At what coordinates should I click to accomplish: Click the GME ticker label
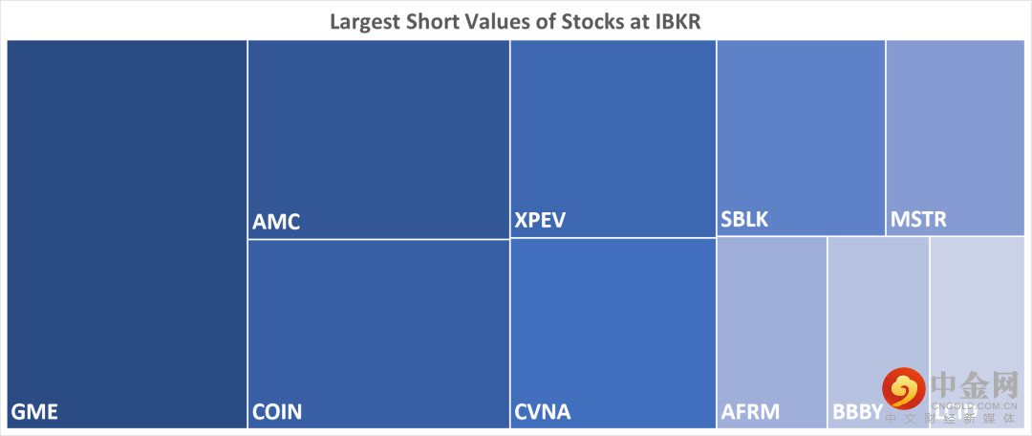click(34, 413)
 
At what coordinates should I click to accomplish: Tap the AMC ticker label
click(276, 222)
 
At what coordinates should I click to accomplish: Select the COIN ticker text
click(277, 413)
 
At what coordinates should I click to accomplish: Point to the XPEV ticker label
click(540, 221)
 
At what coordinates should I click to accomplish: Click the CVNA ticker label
click(542, 413)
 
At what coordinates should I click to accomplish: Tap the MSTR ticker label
click(918, 221)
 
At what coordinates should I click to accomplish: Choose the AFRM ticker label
click(750, 413)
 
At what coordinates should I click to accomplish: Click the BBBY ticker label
click(857, 413)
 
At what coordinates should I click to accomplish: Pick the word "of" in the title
click(545, 21)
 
